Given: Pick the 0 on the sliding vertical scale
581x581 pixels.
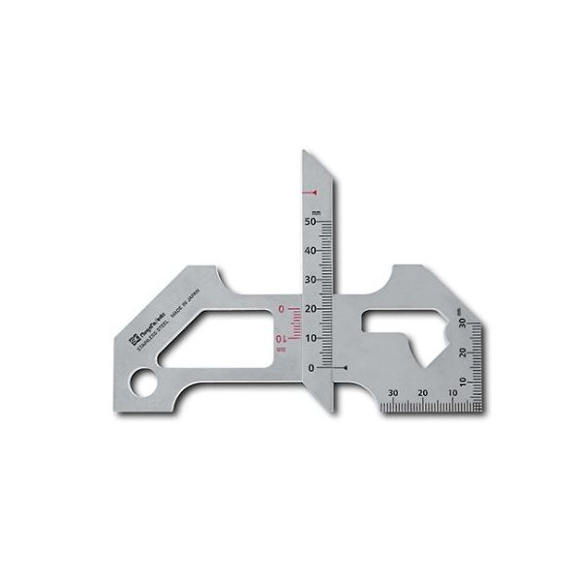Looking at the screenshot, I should pyautogui.click(x=311, y=368).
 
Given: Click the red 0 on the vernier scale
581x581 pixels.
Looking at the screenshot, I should pyautogui.click(x=282, y=310).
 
